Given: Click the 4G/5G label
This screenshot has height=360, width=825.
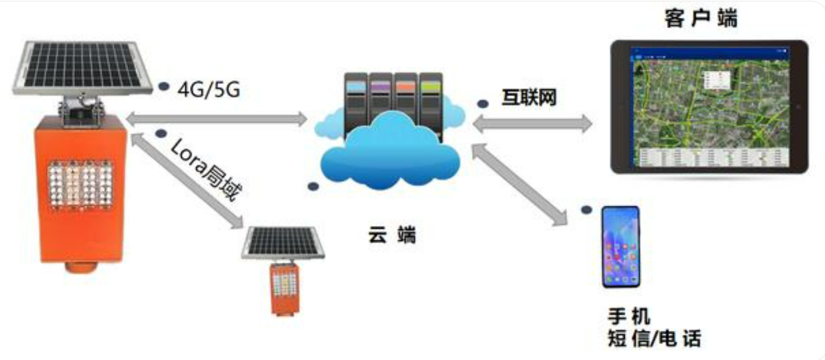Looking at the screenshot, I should pos(209,91).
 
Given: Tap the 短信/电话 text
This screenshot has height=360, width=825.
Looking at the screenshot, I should pos(653,339).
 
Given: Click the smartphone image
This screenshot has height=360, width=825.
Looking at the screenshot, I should pos(621,247).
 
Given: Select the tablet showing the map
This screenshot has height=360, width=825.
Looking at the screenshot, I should pos(709,107).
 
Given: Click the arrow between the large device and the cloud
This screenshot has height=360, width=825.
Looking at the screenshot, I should pos(217,119).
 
